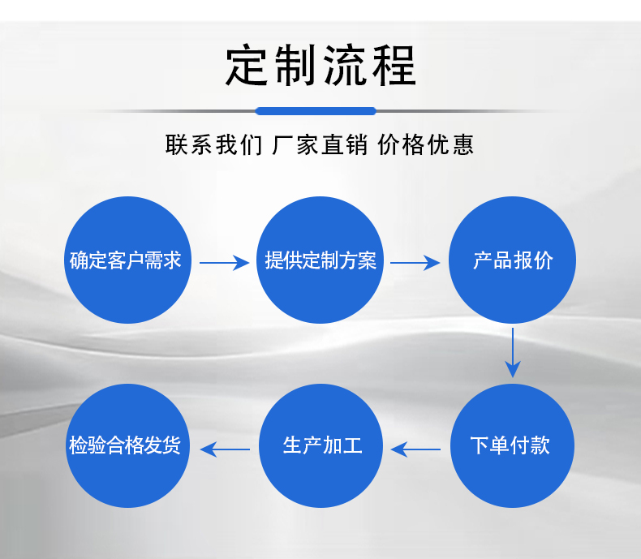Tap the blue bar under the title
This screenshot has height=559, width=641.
coord(316,111)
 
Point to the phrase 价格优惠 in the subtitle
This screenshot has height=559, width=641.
coord(425,145)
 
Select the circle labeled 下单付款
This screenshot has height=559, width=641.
coord(512,445)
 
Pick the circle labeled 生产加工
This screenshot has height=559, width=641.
coord(320,445)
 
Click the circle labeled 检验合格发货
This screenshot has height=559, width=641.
coord(127,445)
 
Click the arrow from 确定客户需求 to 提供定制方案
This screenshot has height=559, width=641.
coord(224,262)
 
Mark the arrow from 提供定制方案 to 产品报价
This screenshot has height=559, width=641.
coord(415,262)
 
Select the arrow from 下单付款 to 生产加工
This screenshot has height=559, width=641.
coord(415,448)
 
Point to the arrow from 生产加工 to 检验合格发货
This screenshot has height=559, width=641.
coord(225,448)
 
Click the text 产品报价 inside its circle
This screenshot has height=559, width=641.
coord(513,261)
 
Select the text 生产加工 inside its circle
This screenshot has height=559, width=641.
coord(321,445)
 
